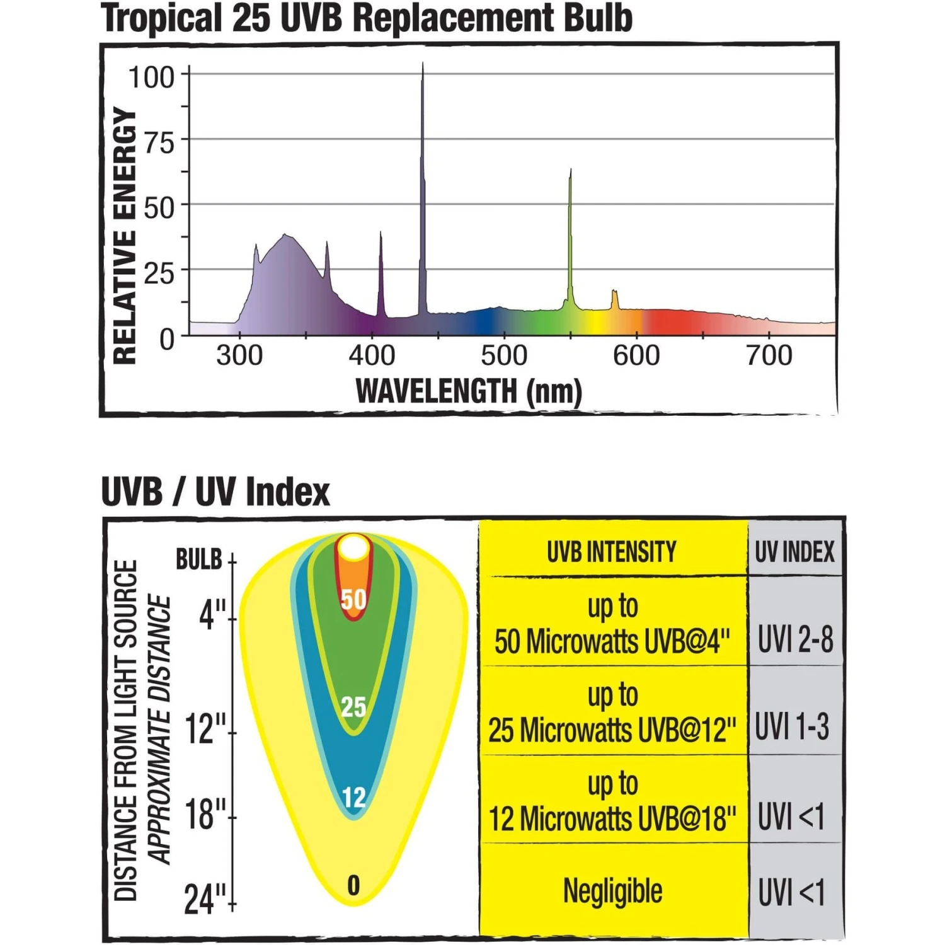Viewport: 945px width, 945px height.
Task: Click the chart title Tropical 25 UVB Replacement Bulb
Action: (367, 19)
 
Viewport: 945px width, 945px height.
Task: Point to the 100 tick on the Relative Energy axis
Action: (151, 77)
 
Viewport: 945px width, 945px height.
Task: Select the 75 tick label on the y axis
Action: (159, 143)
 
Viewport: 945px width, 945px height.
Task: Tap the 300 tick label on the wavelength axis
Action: (239, 356)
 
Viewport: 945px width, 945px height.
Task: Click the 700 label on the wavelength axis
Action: (769, 356)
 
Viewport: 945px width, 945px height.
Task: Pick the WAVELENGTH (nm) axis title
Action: (469, 391)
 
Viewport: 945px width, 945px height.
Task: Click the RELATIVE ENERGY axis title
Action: (125, 236)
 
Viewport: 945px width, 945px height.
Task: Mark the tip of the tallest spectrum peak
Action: (423, 63)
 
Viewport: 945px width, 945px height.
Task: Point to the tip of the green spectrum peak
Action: (571, 170)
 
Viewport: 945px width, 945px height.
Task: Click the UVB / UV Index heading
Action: (215, 492)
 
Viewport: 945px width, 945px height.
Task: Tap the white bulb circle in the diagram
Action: (353, 548)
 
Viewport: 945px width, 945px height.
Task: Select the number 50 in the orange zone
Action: (353, 599)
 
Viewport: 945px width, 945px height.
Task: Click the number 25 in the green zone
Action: (353, 707)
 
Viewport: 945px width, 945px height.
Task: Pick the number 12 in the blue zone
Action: (354, 798)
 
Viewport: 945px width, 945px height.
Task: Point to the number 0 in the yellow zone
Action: (353, 886)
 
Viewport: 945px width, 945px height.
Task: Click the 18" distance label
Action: (205, 814)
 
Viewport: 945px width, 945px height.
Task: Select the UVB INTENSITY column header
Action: (612, 552)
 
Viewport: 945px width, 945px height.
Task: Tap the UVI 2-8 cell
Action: (795, 639)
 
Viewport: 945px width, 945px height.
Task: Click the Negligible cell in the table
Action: (612, 891)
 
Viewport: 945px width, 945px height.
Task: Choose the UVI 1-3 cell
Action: (793, 726)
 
